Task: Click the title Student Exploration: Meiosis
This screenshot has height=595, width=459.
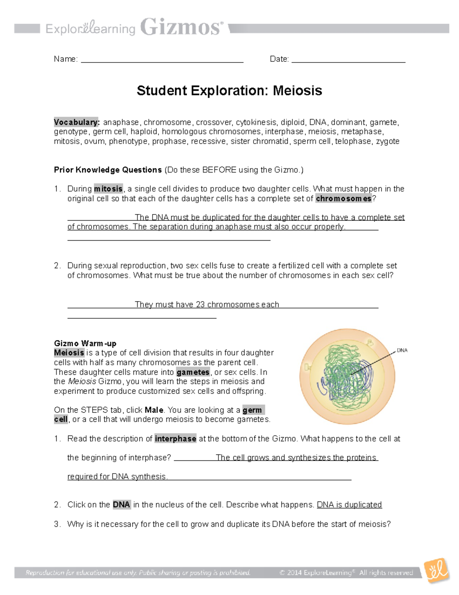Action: tap(229, 91)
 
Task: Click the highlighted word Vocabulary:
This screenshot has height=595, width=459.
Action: tap(77, 122)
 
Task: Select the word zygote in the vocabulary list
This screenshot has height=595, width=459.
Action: tap(387, 141)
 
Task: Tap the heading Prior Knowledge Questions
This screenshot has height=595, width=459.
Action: tap(108, 170)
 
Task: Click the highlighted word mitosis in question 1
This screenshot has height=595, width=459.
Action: tap(108, 189)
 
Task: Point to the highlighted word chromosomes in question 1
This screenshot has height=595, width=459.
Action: tap(343, 198)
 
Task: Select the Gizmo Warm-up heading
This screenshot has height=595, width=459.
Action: tap(85, 343)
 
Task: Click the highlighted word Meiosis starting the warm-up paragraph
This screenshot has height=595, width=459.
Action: tap(69, 353)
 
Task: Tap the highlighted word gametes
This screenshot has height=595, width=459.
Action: tap(193, 372)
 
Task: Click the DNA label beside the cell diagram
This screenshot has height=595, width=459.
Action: tap(402, 350)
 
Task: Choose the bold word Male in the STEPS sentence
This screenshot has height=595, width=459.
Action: tap(154, 410)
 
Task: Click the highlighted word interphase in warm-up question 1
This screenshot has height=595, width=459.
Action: tap(176, 439)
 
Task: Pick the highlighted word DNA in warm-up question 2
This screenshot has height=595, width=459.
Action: tap(121, 505)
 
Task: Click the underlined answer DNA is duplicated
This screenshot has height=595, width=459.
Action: tap(349, 505)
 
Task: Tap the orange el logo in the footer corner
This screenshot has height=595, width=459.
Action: tap(437, 571)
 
